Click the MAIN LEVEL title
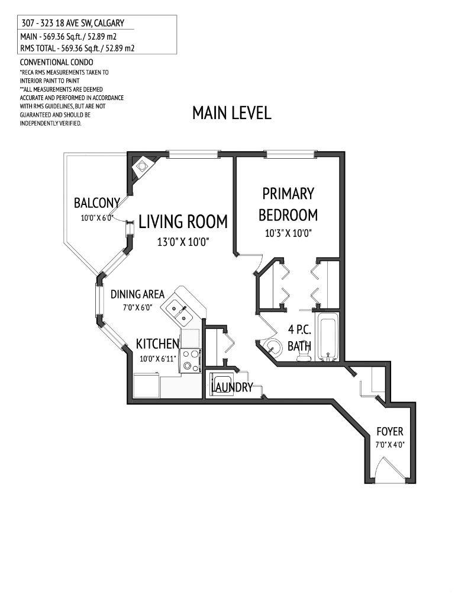click(231, 113)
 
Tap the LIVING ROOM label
click(183, 222)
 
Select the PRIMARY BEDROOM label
click(288, 204)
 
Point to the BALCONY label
click(97, 203)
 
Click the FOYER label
click(389, 432)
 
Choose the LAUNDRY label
click(232, 387)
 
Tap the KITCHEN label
click(157, 344)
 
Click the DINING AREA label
click(137, 294)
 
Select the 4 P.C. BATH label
click(299, 338)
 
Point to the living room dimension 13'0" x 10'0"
click(183, 242)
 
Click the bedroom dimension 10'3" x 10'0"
click(288, 233)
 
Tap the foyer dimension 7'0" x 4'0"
click(389, 444)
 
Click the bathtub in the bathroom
click(327, 339)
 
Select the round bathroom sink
click(273, 347)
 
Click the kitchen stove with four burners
click(190, 360)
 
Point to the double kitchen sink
click(177, 313)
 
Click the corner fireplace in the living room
click(142, 166)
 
